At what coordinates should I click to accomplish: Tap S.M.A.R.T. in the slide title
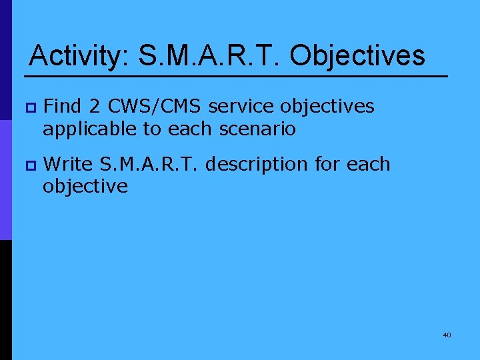point(210,56)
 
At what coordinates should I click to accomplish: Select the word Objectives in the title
point(357,56)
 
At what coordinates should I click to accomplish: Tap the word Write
point(69,164)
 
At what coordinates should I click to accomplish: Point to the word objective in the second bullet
point(85,187)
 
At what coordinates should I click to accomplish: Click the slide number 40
point(447,335)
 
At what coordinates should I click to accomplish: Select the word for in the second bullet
point(326,164)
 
